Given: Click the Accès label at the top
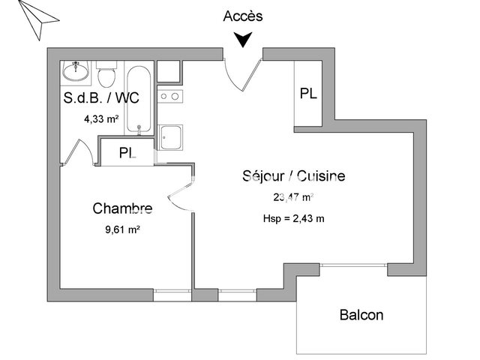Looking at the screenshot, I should [x=243, y=16].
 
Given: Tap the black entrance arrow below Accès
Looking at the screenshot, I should [x=243, y=39].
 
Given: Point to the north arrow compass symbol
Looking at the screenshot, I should [x=33, y=18].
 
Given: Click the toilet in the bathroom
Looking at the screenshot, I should [x=106, y=76].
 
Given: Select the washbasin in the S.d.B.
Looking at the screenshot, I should [x=75, y=72].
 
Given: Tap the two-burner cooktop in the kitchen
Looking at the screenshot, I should [x=170, y=96].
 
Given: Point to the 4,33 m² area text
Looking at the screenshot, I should [x=100, y=118].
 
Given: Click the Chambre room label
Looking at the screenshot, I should [x=122, y=208].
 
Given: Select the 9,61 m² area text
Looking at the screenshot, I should [x=122, y=230].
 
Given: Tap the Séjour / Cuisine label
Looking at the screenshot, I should [x=293, y=176].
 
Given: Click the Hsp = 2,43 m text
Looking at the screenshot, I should [x=293, y=219].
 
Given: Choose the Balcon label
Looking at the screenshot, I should [x=361, y=315].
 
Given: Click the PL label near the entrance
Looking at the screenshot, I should [x=308, y=94].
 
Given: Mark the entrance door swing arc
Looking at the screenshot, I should [x=244, y=75].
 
